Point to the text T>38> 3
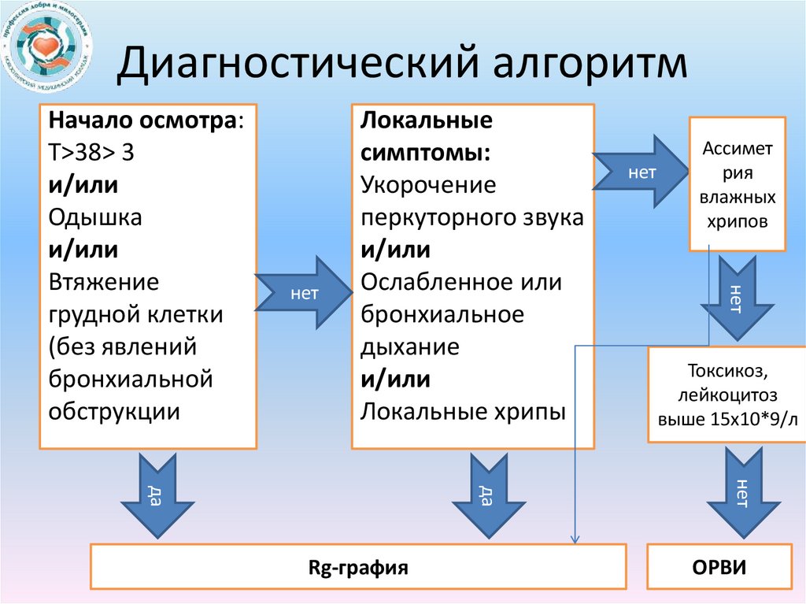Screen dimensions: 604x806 (x=91, y=154)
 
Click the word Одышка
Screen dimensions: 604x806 (x=95, y=217)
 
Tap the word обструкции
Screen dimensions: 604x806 (x=113, y=411)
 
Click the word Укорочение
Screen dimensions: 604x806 (x=428, y=186)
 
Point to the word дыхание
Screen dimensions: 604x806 (x=410, y=346)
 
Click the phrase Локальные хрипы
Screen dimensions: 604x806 (x=464, y=411)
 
